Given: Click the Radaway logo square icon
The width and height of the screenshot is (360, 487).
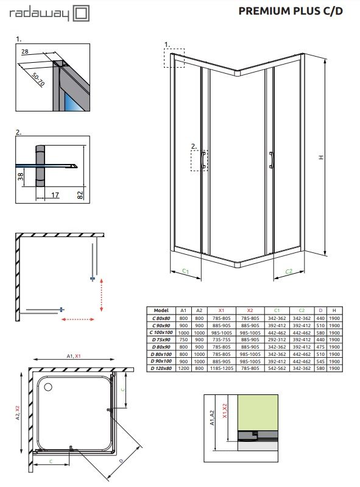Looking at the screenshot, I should coord(80,12).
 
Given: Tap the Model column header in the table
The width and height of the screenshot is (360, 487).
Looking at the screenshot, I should coord(161,310).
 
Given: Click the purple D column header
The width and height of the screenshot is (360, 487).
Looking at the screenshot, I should coord(321,310).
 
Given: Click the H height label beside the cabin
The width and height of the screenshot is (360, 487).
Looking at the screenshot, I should coord(320,157).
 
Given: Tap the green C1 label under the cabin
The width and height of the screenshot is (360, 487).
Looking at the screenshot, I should coord(186,271).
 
